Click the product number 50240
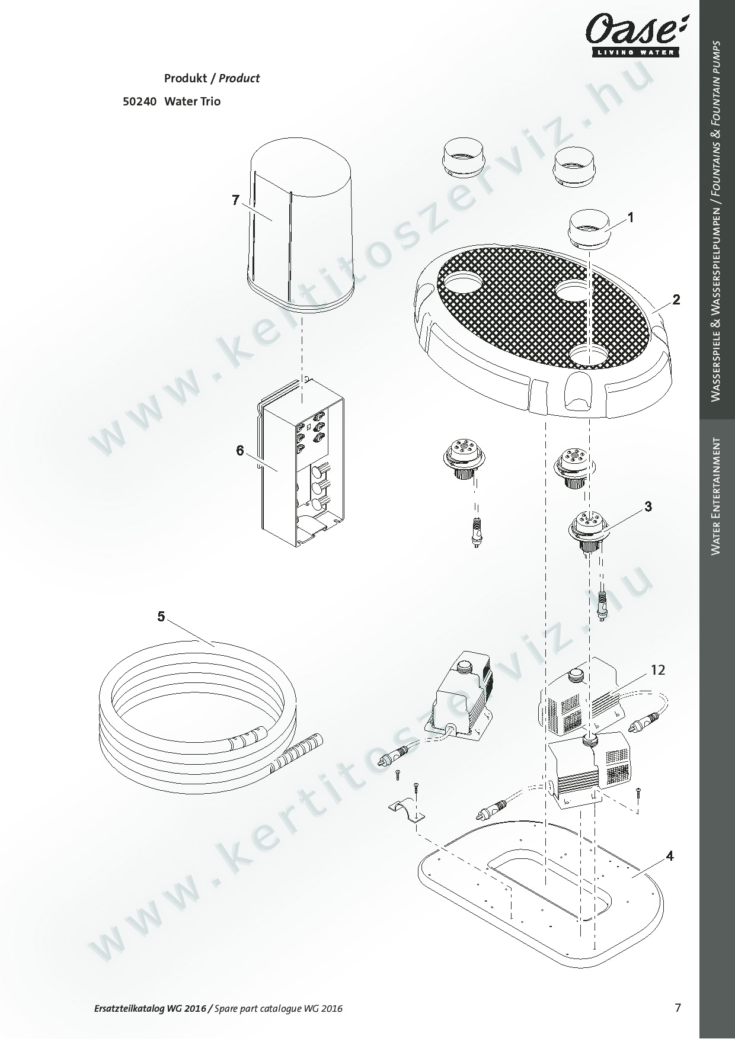pyautogui.click(x=139, y=101)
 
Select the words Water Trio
pyautogui.click(x=192, y=101)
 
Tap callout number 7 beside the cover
pyautogui.click(x=235, y=200)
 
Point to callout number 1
pyautogui.click(x=631, y=217)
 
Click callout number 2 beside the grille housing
pyautogui.click(x=676, y=299)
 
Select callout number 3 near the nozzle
pyautogui.click(x=648, y=506)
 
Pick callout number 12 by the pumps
pyautogui.click(x=658, y=670)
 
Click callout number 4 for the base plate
pyautogui.click(x=670, y=856)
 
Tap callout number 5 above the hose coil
pyautogui.click(x=161, y=617)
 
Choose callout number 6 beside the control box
pyautogui.click(x=240, y=451)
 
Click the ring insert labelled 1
pyautogui.click(x=589, y=231)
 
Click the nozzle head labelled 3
pyautogui.click(x=587, y=530)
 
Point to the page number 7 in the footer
pyautogui.click(x=678, y=1007)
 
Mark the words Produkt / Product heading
pyautogui.click(x=212, y=78)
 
